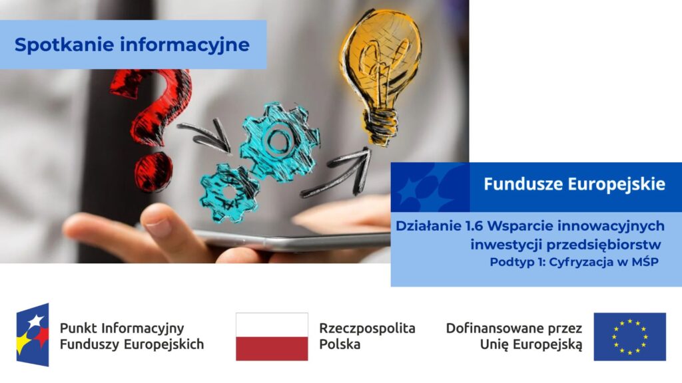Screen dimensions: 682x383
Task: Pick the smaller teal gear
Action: click(x=229, y=193)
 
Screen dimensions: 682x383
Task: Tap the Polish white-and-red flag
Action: click(x=272, y=336)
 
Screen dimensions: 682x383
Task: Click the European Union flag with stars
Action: click(x=630, y=336)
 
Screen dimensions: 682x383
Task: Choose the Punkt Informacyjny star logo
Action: click(x=33, y=334)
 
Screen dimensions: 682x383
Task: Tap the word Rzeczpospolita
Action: click(x=367, y=328)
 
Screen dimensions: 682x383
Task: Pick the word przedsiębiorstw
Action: click(x=603, y=245)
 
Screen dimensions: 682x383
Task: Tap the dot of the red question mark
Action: click(x=153, y=172)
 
